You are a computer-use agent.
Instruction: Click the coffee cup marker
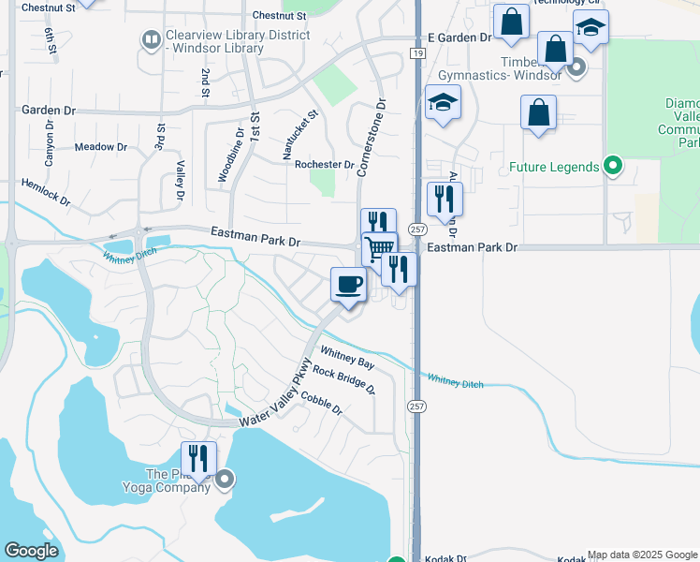[x=349, y=284]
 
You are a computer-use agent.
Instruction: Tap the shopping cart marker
[x=379, y=249]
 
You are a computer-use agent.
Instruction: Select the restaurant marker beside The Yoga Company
[x=197, y=458]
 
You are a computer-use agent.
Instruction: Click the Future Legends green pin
[x=613, y=168]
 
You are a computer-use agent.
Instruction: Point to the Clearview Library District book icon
[x=150, y=39]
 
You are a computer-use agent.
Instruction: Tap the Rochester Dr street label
[x=324, y=165]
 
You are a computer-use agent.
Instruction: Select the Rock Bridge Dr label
[x=343, y=379]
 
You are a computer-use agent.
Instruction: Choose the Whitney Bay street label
[x=347, y=356]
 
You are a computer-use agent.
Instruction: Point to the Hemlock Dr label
[x=46, y=193]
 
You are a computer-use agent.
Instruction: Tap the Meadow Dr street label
[x=101, y=147]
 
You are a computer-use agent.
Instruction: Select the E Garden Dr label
[x=459, y=37]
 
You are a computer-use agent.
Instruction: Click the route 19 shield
[x=413, y=54]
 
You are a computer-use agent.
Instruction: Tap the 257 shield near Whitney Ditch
[x=416, y=406]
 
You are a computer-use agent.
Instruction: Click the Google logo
[x=31, y=551]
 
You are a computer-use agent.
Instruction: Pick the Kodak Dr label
[x=445, y=558]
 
